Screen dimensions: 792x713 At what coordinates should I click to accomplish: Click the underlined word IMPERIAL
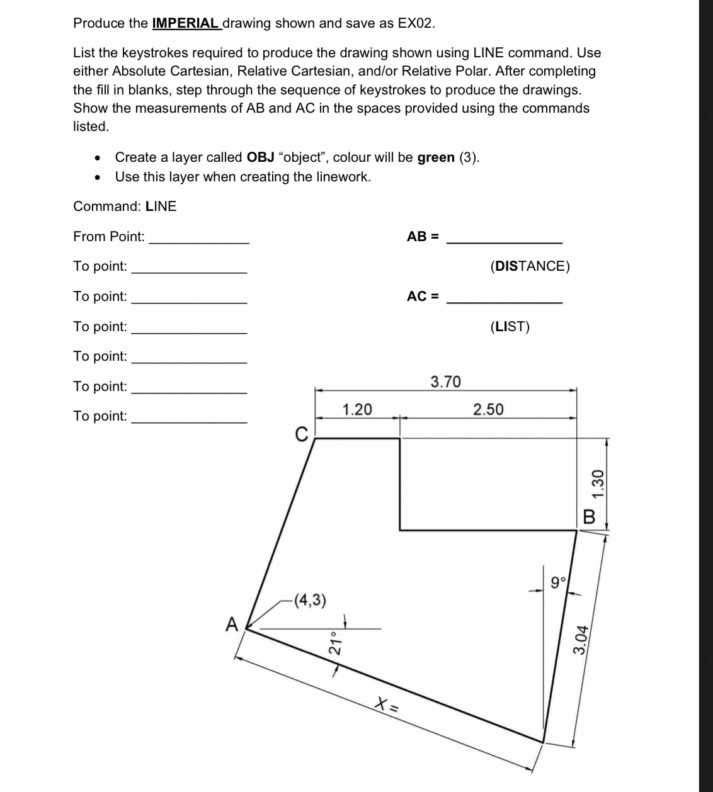click(186, 23)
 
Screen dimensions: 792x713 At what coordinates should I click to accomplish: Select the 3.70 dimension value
click(445, 382)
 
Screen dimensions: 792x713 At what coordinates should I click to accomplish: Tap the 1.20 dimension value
click(356, 410)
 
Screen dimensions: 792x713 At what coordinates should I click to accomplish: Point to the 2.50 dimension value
click(488, 410)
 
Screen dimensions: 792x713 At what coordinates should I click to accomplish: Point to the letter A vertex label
click(232, 625)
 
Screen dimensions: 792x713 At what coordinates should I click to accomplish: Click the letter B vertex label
click(590, 518)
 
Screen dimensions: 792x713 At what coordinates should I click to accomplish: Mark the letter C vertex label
click(301, 434)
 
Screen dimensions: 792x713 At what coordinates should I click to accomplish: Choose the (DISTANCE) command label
click(530, 266)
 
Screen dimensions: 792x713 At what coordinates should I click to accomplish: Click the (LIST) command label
click(510, 327)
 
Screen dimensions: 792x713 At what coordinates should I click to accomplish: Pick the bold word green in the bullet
click(436, 157)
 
